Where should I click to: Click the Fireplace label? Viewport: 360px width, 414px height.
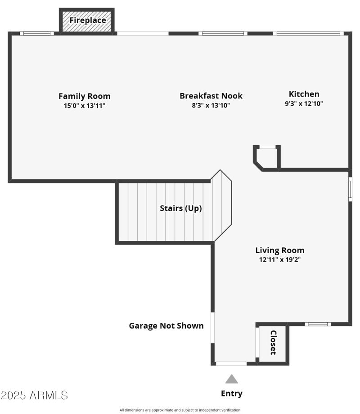(87, 20)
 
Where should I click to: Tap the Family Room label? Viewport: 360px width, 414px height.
(84, 96)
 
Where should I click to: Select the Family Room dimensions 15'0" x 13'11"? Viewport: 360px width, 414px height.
(84, 106)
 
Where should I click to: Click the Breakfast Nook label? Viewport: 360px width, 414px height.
(211, 96)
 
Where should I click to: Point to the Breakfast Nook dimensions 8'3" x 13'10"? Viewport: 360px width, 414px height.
(211, 106)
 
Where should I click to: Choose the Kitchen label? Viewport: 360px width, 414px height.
(304, 94)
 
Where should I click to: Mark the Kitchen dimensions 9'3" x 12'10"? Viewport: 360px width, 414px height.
(304, 103)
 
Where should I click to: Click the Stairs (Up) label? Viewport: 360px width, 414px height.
(180, 209)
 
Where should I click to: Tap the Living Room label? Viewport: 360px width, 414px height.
(279, 250)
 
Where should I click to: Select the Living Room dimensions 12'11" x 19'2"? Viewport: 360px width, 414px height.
(279, 259)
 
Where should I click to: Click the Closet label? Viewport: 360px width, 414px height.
(273, 343)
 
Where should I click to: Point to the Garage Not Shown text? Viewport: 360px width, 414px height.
(166, 326)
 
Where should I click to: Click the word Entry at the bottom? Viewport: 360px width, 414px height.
(231, 394)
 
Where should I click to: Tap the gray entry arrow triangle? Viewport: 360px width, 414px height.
(231, 379)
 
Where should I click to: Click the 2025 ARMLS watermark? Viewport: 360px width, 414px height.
(34, 396)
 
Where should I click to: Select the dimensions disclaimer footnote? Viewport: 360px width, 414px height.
(180, 410)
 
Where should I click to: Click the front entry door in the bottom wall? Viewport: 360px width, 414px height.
(231, 363)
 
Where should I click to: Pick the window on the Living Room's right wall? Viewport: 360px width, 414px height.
(350, 189)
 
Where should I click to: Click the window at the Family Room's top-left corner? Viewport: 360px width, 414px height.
(37, 33)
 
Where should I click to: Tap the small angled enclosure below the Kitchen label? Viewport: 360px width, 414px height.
(267, 157)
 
